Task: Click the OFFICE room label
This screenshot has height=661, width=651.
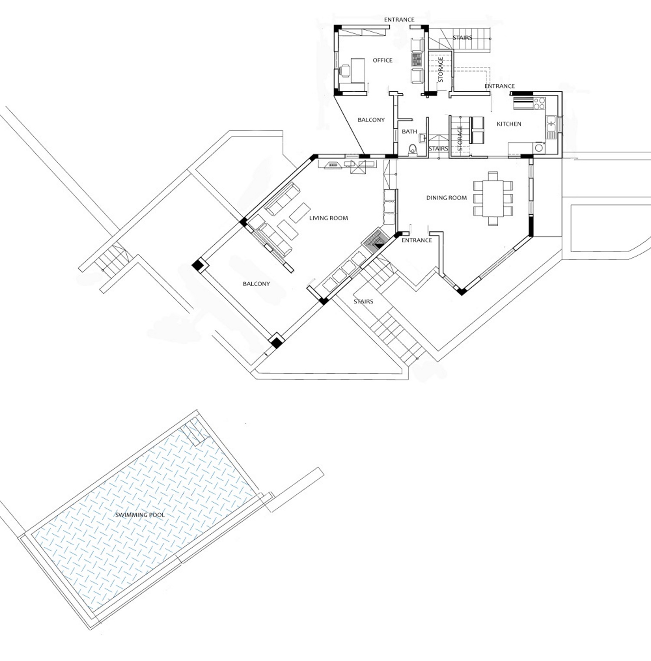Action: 382,60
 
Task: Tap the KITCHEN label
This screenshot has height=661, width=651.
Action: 509,124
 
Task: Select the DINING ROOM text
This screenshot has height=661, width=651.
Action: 446,198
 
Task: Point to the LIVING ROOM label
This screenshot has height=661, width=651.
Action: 329,218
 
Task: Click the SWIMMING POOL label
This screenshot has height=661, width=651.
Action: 140,515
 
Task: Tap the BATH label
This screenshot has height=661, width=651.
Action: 409,132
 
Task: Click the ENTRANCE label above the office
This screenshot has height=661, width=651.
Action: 399,20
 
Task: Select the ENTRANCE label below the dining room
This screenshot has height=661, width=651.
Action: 417,240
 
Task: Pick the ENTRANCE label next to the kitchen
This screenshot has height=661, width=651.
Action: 500,86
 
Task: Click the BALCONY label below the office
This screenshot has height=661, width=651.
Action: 371,120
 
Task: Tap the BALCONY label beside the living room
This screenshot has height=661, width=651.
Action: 256,284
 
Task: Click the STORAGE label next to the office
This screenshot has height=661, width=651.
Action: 441,70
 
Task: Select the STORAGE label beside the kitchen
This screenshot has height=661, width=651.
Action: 460,138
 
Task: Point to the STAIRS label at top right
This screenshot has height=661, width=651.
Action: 462,38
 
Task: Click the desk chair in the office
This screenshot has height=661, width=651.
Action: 345,71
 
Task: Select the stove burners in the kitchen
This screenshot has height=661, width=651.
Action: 539,103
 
